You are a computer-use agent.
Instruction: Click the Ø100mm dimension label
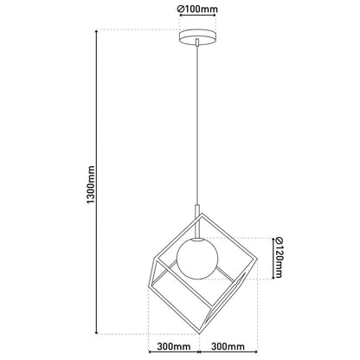[x=199, y=10]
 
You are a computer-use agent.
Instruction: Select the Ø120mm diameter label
[x=278, y=259]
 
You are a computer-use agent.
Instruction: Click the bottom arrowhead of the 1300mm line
[x=95, y=331]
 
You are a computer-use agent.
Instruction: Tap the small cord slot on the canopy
[x=199, y=39]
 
